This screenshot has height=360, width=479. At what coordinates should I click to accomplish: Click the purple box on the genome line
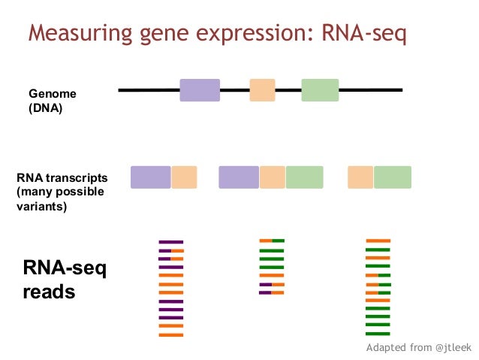coord(200,90)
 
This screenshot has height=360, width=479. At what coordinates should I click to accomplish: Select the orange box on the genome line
coord(262,90)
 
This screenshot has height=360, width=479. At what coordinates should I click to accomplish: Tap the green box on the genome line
coord(320,90)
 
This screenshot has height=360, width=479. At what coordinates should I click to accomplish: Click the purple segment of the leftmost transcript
coord(151,177)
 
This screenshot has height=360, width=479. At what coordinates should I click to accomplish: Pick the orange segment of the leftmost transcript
coord(184,177)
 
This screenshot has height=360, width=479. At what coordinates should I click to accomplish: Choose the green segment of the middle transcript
coord(304,177)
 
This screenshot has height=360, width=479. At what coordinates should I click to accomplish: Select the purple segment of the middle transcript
coord(239,177)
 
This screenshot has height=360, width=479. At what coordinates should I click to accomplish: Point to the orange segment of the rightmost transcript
coord(360,177)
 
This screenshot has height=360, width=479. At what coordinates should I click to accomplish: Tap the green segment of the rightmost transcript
coord(393,177)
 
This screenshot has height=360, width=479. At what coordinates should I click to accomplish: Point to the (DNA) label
coord(45,108)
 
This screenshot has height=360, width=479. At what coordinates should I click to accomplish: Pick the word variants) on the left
coord(41,207)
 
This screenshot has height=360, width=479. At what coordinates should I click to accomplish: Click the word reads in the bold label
coord(50,292)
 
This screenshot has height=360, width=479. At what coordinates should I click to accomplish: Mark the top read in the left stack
coord(171,241)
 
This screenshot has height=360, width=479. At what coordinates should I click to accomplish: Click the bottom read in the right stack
coord(378,334)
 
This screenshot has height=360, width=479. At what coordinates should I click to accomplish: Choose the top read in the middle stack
coord(272,241)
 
